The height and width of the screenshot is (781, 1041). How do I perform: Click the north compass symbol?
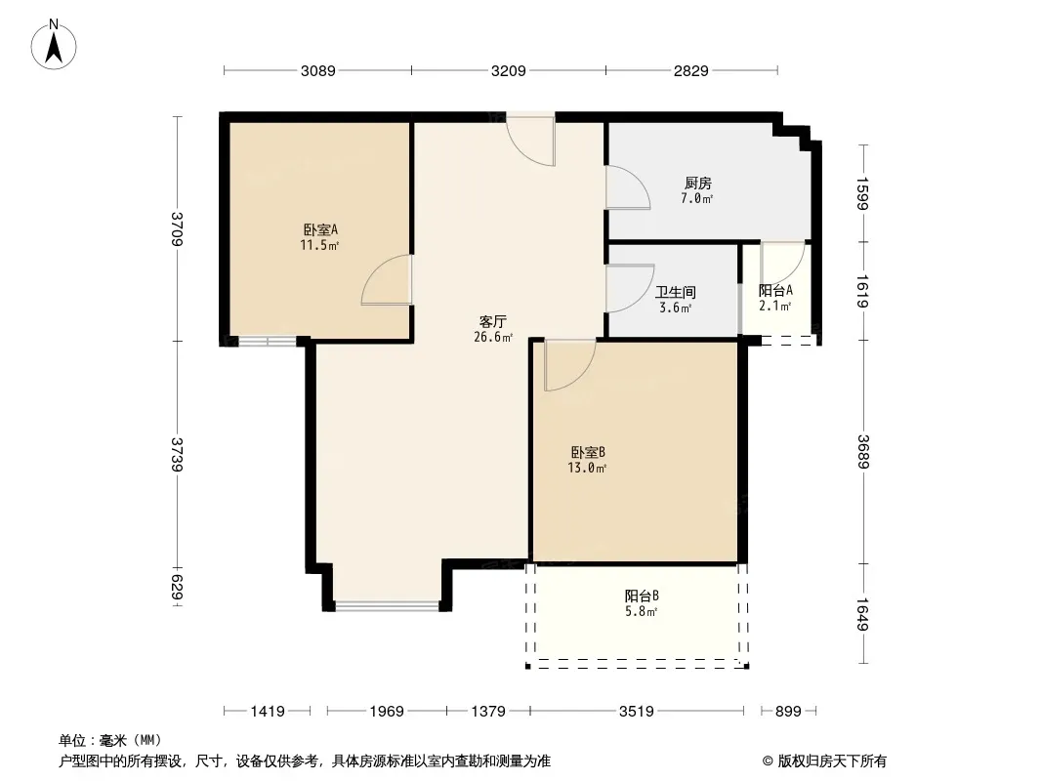55,44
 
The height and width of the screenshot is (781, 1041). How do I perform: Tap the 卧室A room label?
319,230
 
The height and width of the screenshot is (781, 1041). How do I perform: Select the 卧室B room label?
589,452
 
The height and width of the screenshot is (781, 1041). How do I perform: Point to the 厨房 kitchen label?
697,183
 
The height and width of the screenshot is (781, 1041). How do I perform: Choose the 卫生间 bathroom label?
675,292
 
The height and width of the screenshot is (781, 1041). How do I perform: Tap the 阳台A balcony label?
775,290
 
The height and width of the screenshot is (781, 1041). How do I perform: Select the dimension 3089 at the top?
318,70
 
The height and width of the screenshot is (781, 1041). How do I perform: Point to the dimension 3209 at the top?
509,70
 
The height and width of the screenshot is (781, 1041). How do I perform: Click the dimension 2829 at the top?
690,70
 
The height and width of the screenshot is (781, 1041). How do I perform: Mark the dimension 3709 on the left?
177,229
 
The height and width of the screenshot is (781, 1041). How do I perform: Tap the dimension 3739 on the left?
177,454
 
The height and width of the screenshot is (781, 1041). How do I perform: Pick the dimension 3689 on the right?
862,452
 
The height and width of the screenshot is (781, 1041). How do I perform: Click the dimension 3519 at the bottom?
636,712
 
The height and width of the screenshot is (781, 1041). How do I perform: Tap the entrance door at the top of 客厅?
530,140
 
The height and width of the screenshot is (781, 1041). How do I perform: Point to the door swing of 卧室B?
566,364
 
